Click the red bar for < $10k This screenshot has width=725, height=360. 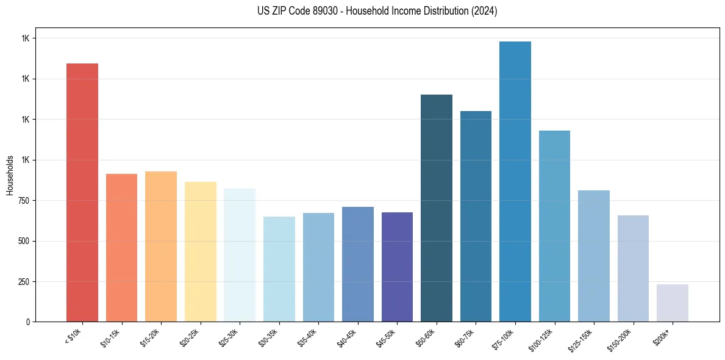click(x=82, y=192)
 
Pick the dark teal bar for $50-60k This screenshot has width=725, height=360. click(x=437, y=208)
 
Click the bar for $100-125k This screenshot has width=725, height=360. click(x=554, y=226)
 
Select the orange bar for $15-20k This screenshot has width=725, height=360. click(x=161, y=247)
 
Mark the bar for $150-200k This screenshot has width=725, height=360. click(x=633, y=268)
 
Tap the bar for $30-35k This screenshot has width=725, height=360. click(x=279, y=269)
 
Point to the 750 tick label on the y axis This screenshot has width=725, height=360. click(x=23, y=201)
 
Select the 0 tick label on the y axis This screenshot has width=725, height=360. click(x=27, y=322)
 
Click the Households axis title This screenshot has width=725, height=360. click(x=10, y=175)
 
